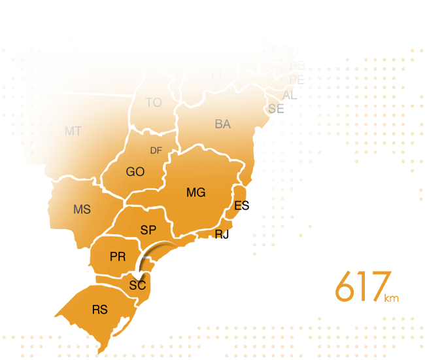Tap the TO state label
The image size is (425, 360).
click(x=154, y=103)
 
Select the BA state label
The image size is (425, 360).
click(x=222, y=124)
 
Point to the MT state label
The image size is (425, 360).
click(x=73, y=132)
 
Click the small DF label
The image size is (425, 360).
click(x=156, y=151)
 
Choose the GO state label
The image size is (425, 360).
click(x=135, y=172)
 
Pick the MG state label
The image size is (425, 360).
click(x=195, y=192)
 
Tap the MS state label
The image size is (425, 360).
click(x=82, y=210)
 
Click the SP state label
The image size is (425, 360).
click(x=148, y=230)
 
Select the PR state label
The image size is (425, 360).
click(x=118, y=257)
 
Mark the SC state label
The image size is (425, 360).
click(x=137, y=286)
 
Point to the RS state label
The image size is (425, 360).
click(x=99, y=310)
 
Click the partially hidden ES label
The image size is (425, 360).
click(x=240, y=206)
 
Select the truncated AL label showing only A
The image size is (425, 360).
click(x=286, y=96)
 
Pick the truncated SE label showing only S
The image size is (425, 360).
click(x=273, y=109)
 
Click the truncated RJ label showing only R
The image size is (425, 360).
click(x=219, y=234)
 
